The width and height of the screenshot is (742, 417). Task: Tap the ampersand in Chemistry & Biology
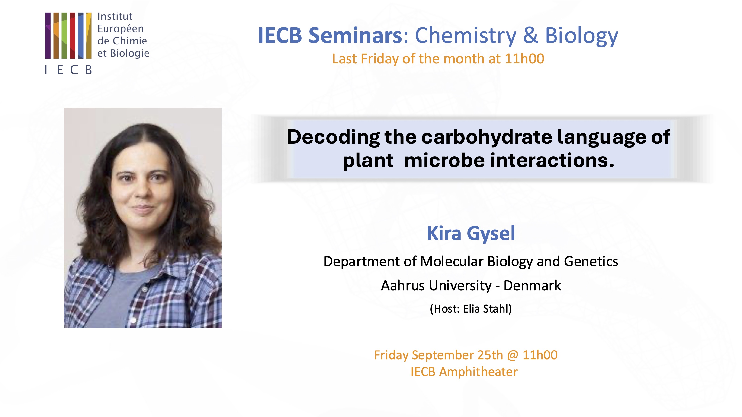click(530, 35)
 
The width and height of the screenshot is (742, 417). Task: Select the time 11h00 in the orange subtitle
click(524, 59)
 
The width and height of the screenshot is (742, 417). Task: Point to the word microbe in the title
click(444, 160)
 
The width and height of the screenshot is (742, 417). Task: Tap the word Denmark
click(532, 285)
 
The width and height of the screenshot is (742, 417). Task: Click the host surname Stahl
click(497, 309)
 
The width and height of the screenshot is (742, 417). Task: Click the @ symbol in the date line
click(513, 356)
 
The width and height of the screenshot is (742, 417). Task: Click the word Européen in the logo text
click(120, 29)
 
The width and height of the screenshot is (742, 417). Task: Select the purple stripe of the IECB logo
click(48, 35)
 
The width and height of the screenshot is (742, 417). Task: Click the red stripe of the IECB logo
click(72, 35)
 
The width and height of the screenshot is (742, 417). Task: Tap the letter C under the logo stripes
click(74, 70)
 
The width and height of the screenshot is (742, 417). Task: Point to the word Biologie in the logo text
click(130, 54)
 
